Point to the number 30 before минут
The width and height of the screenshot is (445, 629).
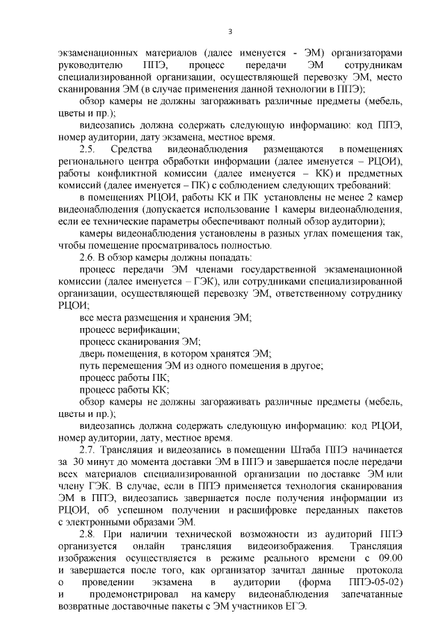coord(79,461)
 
